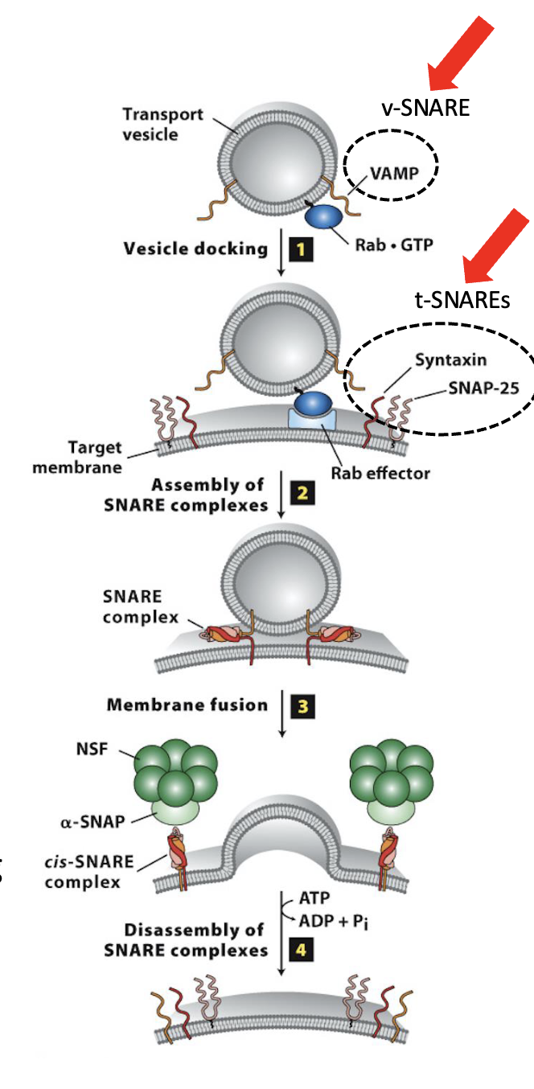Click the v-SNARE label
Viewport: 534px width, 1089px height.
click(425, 108)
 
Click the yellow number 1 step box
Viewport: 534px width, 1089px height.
click(300, 249)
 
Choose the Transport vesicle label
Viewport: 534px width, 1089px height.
click(153, 124)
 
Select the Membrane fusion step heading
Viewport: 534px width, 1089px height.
click(187, 705)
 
